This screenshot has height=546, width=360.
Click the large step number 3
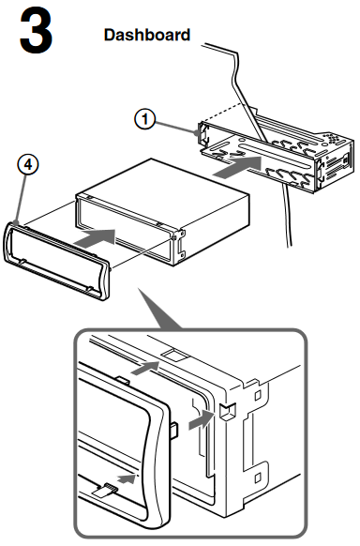click(x=36, y=31)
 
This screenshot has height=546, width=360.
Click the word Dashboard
click(x=147, y=35)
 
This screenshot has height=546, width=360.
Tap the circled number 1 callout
click(x=144, y=119)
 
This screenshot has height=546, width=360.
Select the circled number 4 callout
click(x=28, y=164)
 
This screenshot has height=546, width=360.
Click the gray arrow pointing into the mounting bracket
click(x=237, y=167)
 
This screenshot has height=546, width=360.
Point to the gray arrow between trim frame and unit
click(x=95, y=238)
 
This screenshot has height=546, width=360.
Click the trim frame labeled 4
click(x=56, y=261)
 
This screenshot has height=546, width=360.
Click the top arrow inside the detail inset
click(x=144, y=368)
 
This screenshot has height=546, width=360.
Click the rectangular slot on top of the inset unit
click(x=176, y=355)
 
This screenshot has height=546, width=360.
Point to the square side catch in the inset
click(x=228, y=411)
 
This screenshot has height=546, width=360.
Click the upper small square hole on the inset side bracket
click(x=258, y=396)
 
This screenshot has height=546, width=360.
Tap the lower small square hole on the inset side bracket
click(x=258, y=478)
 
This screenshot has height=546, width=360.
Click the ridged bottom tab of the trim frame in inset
click(x=105, y=490)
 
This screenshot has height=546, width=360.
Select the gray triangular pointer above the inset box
click(x=160, y=309)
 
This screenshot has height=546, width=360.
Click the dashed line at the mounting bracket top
click(x=221, y=113)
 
